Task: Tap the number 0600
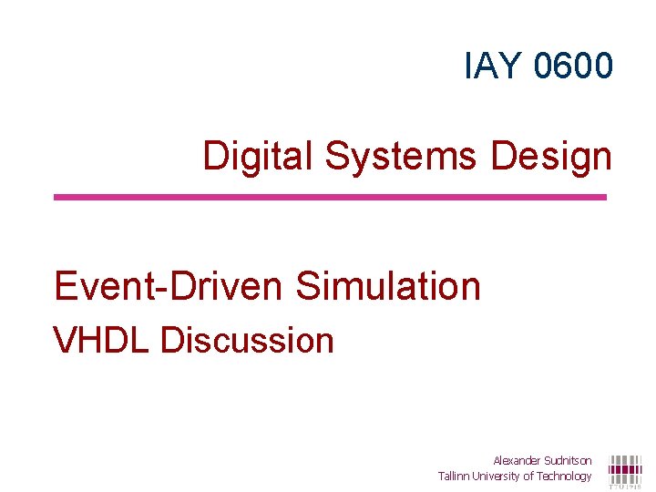point(574,66)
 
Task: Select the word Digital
point(259,157)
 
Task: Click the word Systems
point(401,157)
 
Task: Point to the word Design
point(551,157)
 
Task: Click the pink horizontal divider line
point(330,197)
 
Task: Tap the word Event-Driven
point(169,286)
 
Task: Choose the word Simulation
point(388,286)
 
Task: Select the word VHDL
point(102,341)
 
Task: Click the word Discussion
point(247,341)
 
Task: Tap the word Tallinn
point(454,476)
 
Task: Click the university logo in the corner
point(625,470)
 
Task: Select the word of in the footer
point(528,476)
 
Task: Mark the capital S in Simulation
point(307,286)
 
